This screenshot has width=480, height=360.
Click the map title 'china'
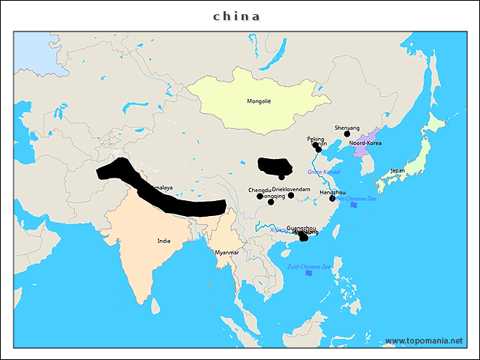237,16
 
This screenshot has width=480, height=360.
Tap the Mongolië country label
259,100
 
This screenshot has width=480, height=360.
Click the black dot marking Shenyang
347,134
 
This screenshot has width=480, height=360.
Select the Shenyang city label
347,127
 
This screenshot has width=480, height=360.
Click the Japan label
397,170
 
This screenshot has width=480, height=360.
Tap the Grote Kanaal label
324,172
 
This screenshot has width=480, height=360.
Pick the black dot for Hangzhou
332,199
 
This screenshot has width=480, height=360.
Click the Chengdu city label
259,190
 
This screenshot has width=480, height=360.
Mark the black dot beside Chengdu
259,196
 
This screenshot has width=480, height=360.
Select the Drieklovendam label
291,190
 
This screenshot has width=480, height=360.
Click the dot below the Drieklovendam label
291,196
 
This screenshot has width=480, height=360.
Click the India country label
163,241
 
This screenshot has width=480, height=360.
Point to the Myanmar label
226,253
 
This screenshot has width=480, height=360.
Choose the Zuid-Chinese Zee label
309,266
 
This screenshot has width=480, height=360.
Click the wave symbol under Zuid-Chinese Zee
309,274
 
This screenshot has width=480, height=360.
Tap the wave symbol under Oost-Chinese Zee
354,205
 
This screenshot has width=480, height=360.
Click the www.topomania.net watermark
424,340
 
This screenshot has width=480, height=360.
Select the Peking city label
316,139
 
